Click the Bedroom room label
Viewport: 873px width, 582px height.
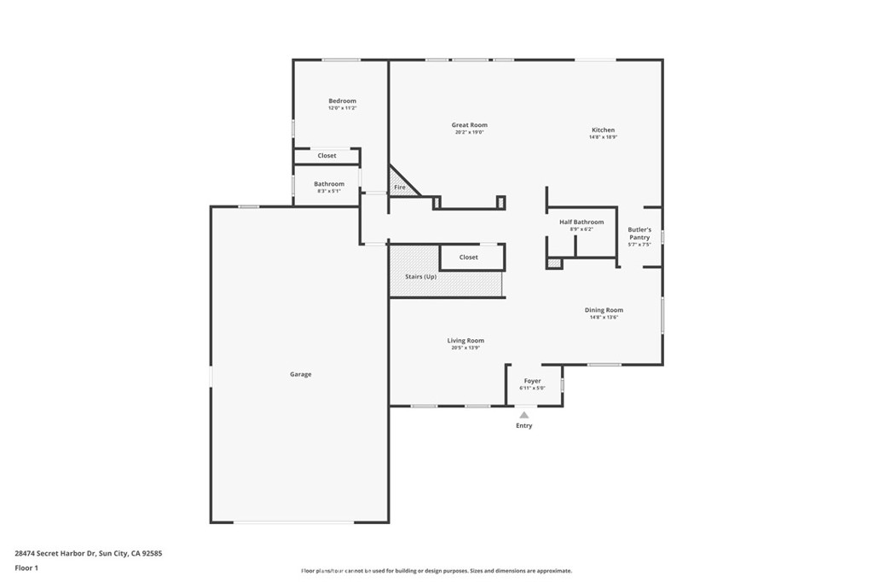point(342,101)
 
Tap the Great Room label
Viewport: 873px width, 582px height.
point(469,125)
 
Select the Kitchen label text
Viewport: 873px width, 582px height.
point(603,130)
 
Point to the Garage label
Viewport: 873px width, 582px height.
point(300,374)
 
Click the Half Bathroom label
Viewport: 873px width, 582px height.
point(581,222)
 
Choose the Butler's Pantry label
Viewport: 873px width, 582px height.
point(639,233)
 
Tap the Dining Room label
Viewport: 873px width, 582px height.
point(604,310)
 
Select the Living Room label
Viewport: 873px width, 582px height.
point(465,341)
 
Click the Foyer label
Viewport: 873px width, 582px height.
point(532,381)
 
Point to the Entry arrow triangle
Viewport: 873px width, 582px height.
point(524,415)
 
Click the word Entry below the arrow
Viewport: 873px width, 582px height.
point(524,426)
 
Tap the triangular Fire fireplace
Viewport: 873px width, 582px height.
point(401,184)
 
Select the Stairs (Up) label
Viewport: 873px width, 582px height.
point(420,277)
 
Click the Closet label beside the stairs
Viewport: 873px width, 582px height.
point(469,257)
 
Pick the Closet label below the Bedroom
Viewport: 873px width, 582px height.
point(327,156)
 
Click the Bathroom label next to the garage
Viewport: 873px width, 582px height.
point(329,184)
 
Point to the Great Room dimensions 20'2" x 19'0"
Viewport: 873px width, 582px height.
point(469,132)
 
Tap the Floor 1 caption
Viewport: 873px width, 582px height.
point(26,568)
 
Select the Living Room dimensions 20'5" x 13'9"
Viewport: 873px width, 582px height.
point(465,348)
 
